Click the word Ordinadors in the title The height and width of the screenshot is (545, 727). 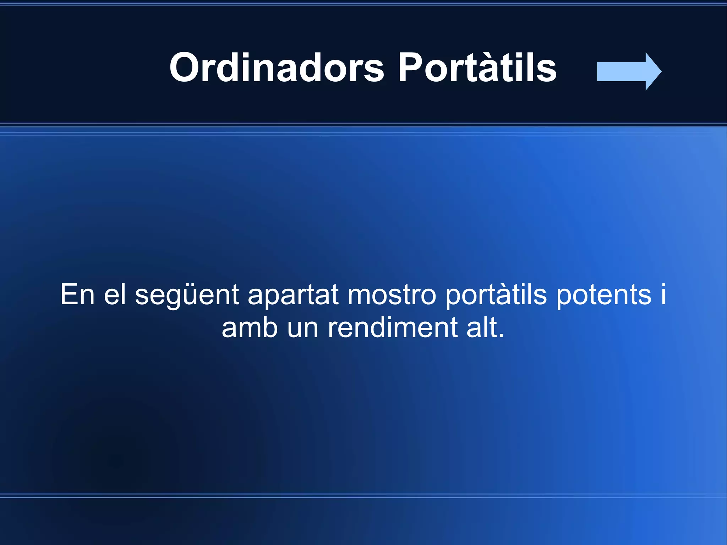tap(277, 67)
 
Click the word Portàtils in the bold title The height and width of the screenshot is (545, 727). tap(477, 67)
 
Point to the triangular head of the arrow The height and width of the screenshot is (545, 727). tap(652, 71)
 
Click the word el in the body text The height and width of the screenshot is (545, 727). tap(115, 294)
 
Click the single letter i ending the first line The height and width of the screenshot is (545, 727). tap(663, 294)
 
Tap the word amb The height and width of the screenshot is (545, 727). tap(250, 328)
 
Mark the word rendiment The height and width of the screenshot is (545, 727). tap(392, 328)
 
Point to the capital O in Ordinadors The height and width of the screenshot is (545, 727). tap(184, 67)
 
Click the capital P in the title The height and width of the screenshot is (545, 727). tap(410, 67)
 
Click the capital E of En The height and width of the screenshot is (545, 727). tap(69, 294)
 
